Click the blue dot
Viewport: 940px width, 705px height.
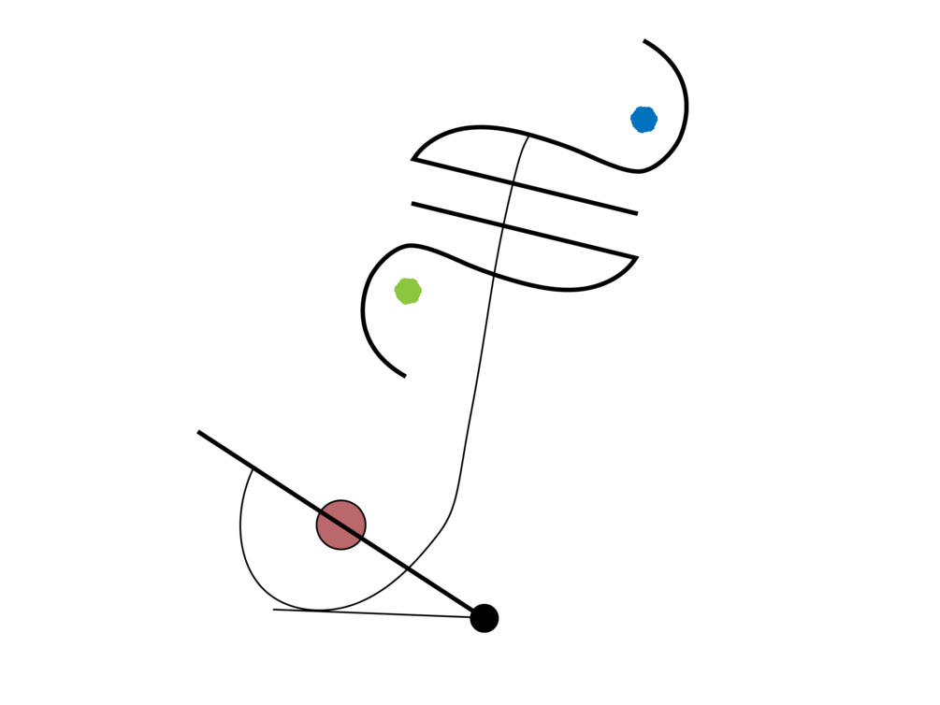[x=644, y=120]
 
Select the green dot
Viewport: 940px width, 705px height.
[x=408, y=291]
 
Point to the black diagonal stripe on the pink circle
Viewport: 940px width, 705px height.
[x=340, y=525]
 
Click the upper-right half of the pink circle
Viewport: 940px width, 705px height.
[x=349, y=514]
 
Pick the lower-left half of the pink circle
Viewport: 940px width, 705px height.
[x=332, y=535]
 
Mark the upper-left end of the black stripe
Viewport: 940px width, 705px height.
[x=323, y=512]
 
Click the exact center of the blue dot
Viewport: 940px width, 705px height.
[x=644, y=120]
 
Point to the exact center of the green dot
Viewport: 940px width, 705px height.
[x=408, y=291]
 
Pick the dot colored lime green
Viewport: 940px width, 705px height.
[x=408, y=291]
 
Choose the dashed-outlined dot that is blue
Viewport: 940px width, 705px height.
[x=644, y=120]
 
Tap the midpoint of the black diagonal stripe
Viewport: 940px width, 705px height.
[x=340, y=525]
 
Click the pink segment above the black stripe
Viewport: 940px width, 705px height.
[x=349, y=514]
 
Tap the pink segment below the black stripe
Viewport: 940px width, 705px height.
[x=332, y=535]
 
